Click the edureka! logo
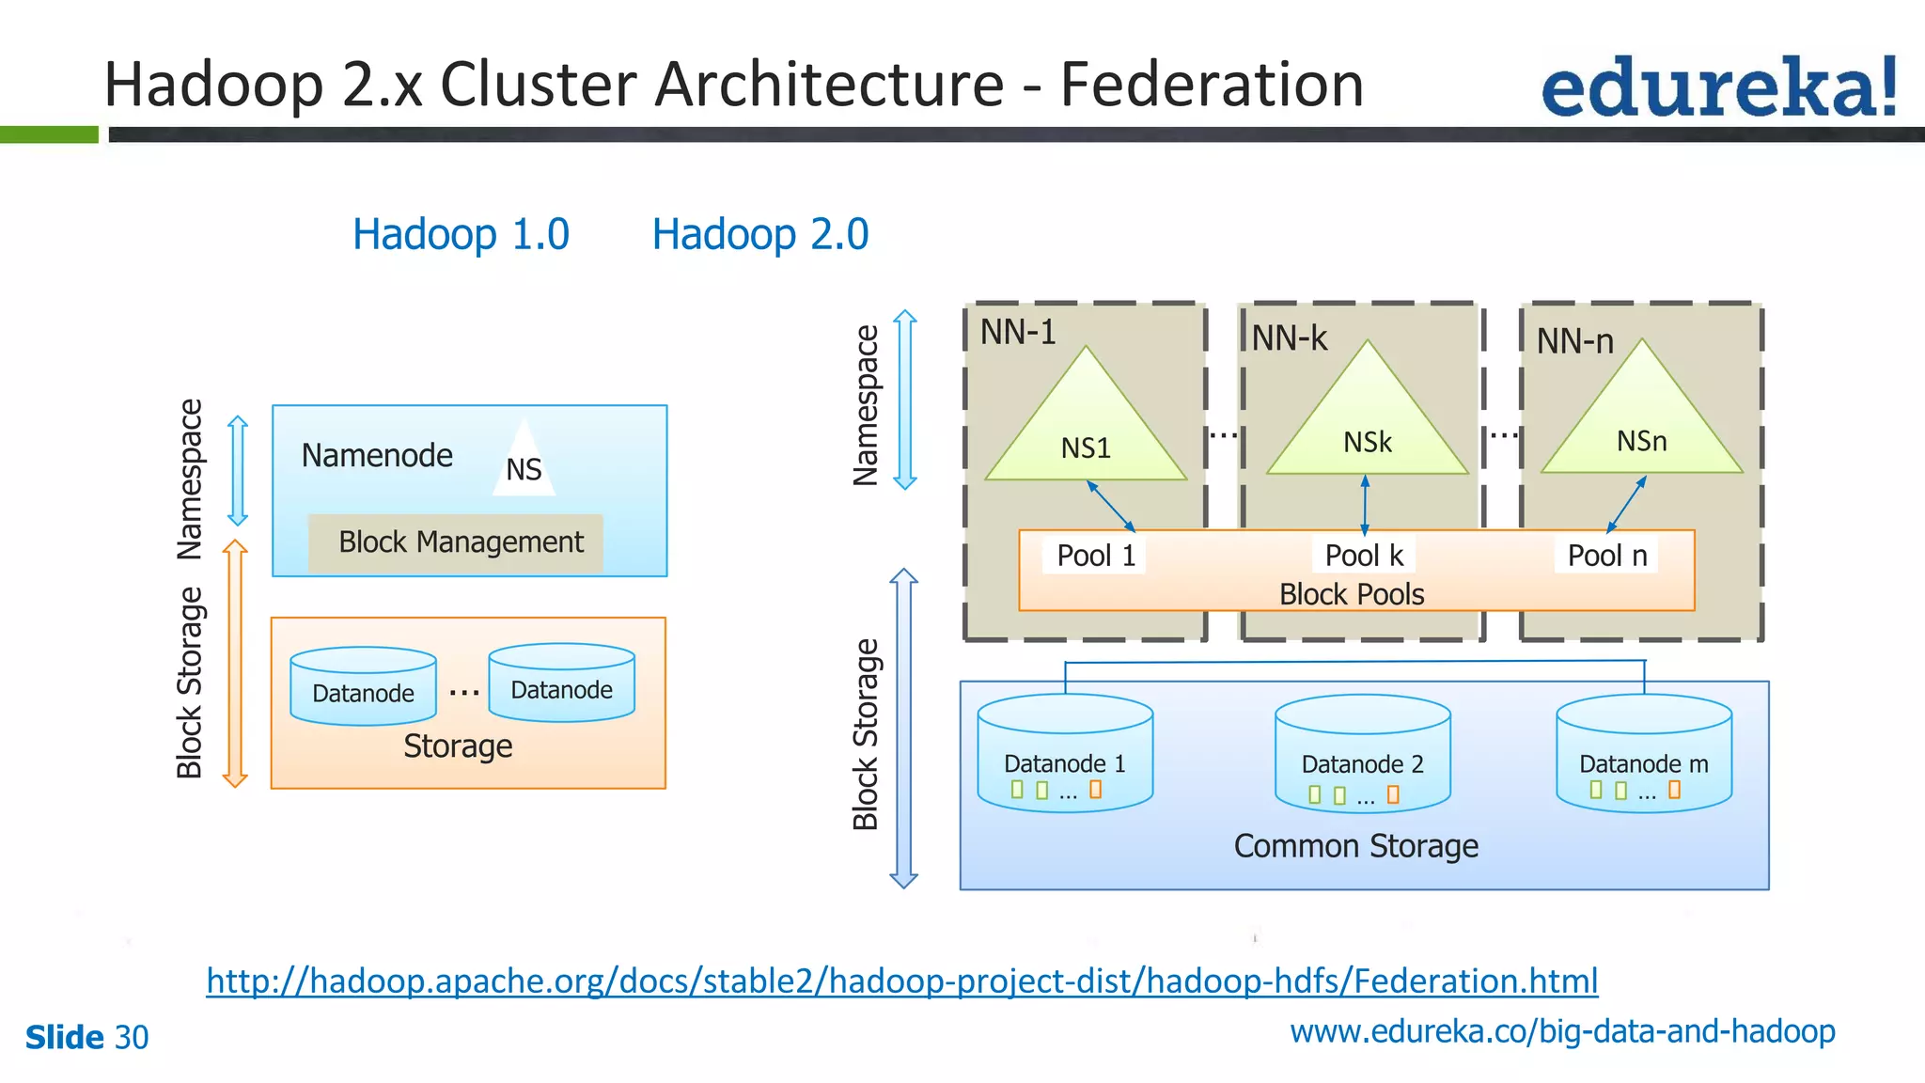click(1718, 87)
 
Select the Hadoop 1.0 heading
click(461, 234)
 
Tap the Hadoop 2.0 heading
click(759, 234)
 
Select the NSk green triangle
click(1367, 429)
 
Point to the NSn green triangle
click(1641, 428)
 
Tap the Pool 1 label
click(1095, 556)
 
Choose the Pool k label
click(1363, 556)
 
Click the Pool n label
click(1606, 556)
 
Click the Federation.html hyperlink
click(901, 981)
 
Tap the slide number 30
click(132, 1038)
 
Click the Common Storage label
click(1355, 846)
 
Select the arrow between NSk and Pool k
click(1365, 506)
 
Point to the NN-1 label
click(1018, 332)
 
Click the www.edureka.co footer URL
click(1561, 1031)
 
